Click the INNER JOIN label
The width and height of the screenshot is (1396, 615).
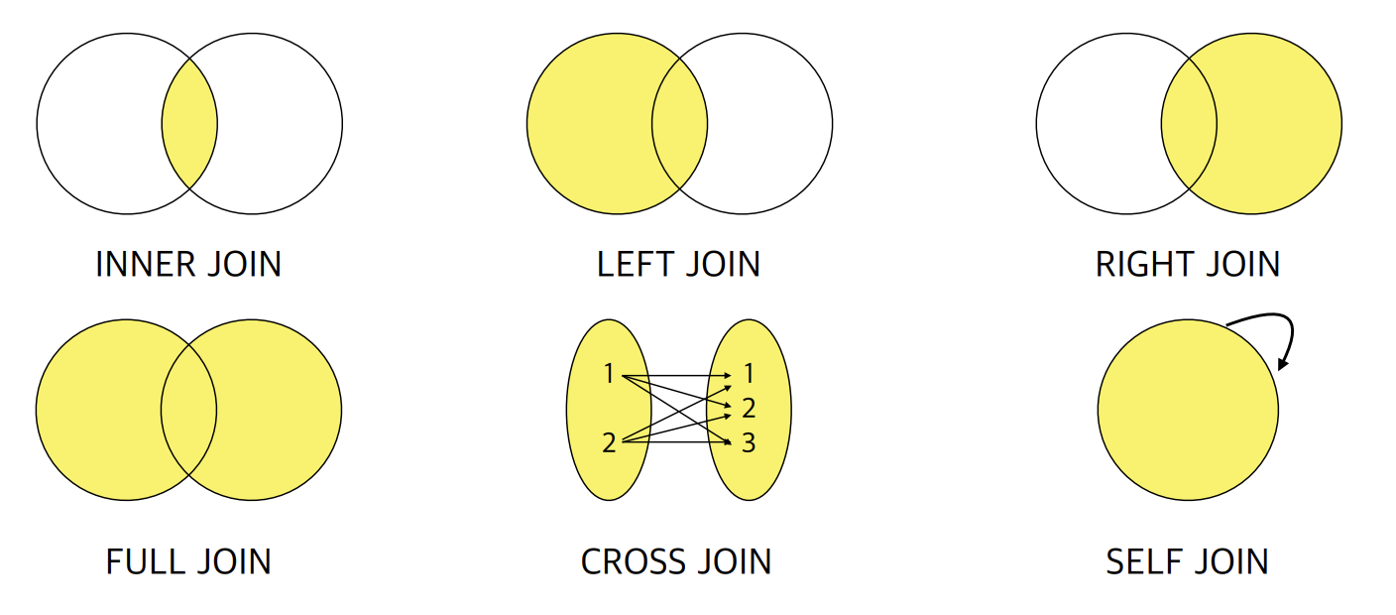pyautogui.click(x=188, y=264)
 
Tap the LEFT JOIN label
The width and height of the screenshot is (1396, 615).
pyautogui.click(x=678, y=264)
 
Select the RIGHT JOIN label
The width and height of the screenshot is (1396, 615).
pyautogui.click(x=1188, y=264)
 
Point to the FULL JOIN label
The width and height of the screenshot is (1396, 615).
pyautogui.click(x=188, y=561)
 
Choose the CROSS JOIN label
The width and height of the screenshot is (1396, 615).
pyautogui.click(x=676, y=561)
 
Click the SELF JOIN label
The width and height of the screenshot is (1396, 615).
pyautogui.click(x=1187, y=561)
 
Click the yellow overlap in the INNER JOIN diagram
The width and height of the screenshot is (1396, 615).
pyautogui.click(x=189, y=124)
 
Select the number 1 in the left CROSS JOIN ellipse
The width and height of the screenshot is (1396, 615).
pyautogui.click(x=609, y=374)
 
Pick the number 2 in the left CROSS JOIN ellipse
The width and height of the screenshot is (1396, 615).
pyautogui.click(x=609, y=442)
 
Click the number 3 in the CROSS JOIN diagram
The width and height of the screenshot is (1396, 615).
pyautogui.click(x=749, y=442)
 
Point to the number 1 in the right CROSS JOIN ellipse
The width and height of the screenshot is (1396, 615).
pyautogui.click(x=749, y=374)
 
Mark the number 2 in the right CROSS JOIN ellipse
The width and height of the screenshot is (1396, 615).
pyautogui.click(x=749, y=408)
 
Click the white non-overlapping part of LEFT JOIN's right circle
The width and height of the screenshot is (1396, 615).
pyautogui.click(x=773, y=124)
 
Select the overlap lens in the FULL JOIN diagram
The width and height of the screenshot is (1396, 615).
pyautogui.click(x=188, y=410)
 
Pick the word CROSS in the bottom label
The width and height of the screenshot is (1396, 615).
pyautogui.click(x=629, y=561)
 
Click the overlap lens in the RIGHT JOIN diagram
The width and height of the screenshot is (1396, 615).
pyautogui.click(x=1189, y=124)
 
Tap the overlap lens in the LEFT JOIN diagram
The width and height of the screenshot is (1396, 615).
pyautogui.click(x=679, y=124)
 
